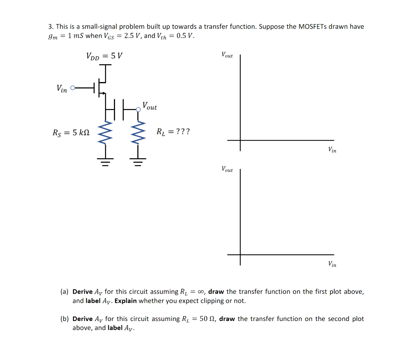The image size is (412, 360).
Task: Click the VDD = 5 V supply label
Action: [x=104, y=56]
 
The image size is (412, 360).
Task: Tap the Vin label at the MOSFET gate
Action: [x=62, y=88]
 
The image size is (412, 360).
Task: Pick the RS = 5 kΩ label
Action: [x=71, y=132]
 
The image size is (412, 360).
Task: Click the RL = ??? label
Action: [x=173, y=132]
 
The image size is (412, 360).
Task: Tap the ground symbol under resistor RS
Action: [x=106, y=163]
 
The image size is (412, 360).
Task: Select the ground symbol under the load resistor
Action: [x=138, y=163]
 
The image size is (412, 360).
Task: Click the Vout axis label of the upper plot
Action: [x=227, y=55]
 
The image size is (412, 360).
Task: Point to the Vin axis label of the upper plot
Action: [x=332, y=150]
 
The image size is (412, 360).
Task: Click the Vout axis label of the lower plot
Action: [x=227, y=169]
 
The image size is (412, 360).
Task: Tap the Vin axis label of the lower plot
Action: [x=332, y=264]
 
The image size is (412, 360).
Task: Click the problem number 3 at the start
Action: [x=50, y=27]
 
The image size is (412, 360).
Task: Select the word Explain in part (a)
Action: [x=126, y=301]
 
